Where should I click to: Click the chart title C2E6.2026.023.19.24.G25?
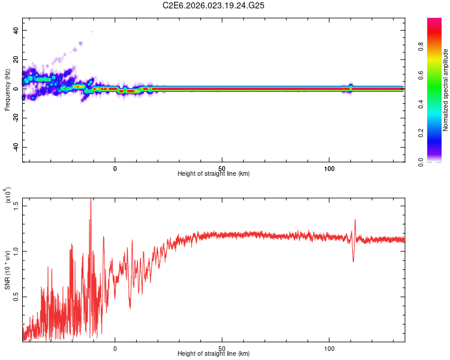point(214,5)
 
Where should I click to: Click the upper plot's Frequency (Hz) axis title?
point(7,90)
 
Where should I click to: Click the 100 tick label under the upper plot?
point(329,168)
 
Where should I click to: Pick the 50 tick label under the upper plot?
point(222,168)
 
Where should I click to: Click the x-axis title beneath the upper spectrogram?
point(214,174)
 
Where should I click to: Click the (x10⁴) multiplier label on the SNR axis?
point(7,196)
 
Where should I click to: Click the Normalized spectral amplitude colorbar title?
point(445,90)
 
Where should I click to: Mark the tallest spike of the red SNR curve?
point(91,200)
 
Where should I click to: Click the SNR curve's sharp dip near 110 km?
point(353,260)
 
